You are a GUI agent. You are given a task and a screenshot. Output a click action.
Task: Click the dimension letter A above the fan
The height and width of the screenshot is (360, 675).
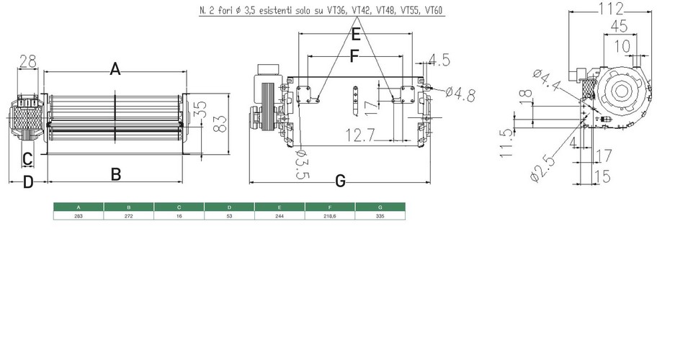(115, 69)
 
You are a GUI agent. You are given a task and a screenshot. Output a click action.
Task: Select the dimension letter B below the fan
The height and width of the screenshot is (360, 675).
(115, 174)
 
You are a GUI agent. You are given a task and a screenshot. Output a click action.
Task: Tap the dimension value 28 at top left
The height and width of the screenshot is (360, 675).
(27, 63)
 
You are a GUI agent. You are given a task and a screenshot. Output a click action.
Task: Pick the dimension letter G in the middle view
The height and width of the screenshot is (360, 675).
(340, 181)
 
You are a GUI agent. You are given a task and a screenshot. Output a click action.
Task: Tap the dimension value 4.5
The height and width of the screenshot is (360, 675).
(442, 59)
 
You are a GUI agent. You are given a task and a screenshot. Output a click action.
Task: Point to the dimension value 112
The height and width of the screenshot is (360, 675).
(614, 9)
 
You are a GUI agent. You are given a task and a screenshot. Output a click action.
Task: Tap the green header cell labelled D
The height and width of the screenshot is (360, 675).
(230, 207)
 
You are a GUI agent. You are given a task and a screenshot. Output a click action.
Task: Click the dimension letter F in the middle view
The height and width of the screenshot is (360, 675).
(354, 55)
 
